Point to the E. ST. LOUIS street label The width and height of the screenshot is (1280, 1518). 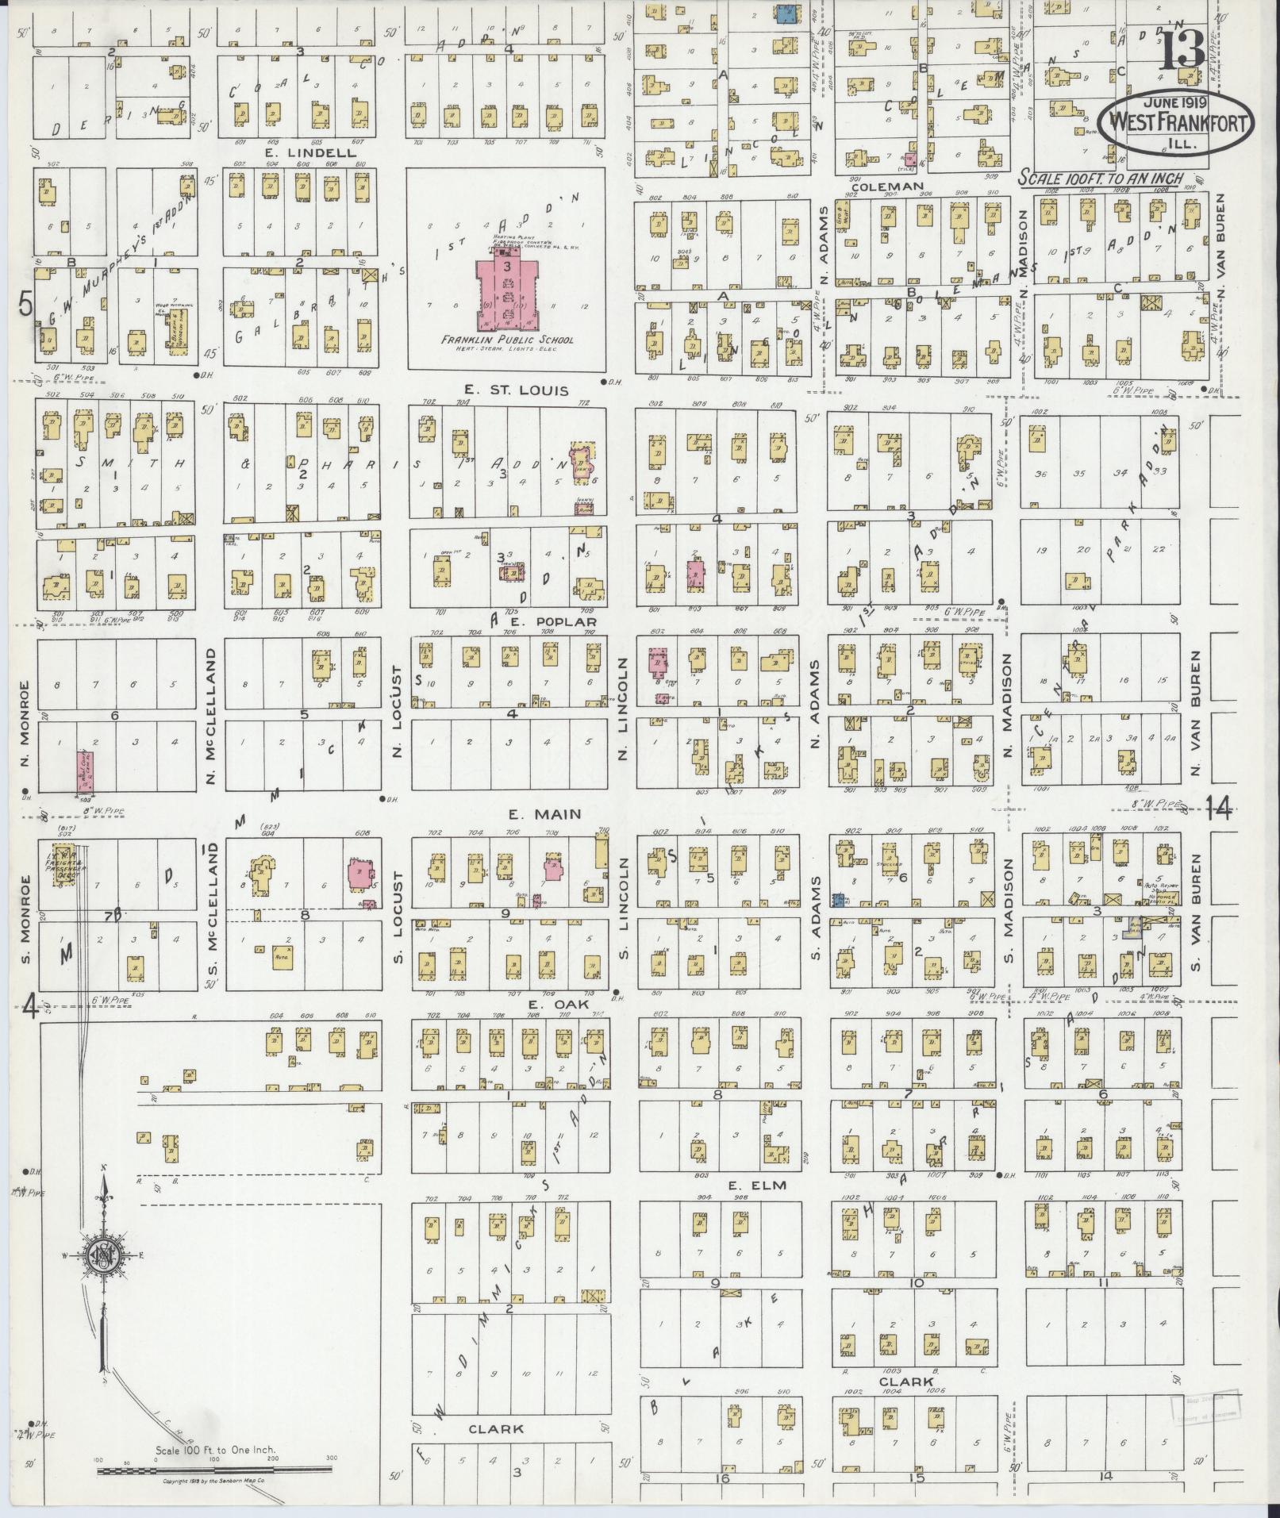tap(505, 390)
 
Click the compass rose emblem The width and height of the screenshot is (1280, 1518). tap(103, 1275)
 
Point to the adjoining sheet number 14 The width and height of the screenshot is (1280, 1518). tap(1218, 809)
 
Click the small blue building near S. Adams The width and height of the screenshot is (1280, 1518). tap(836, 899)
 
